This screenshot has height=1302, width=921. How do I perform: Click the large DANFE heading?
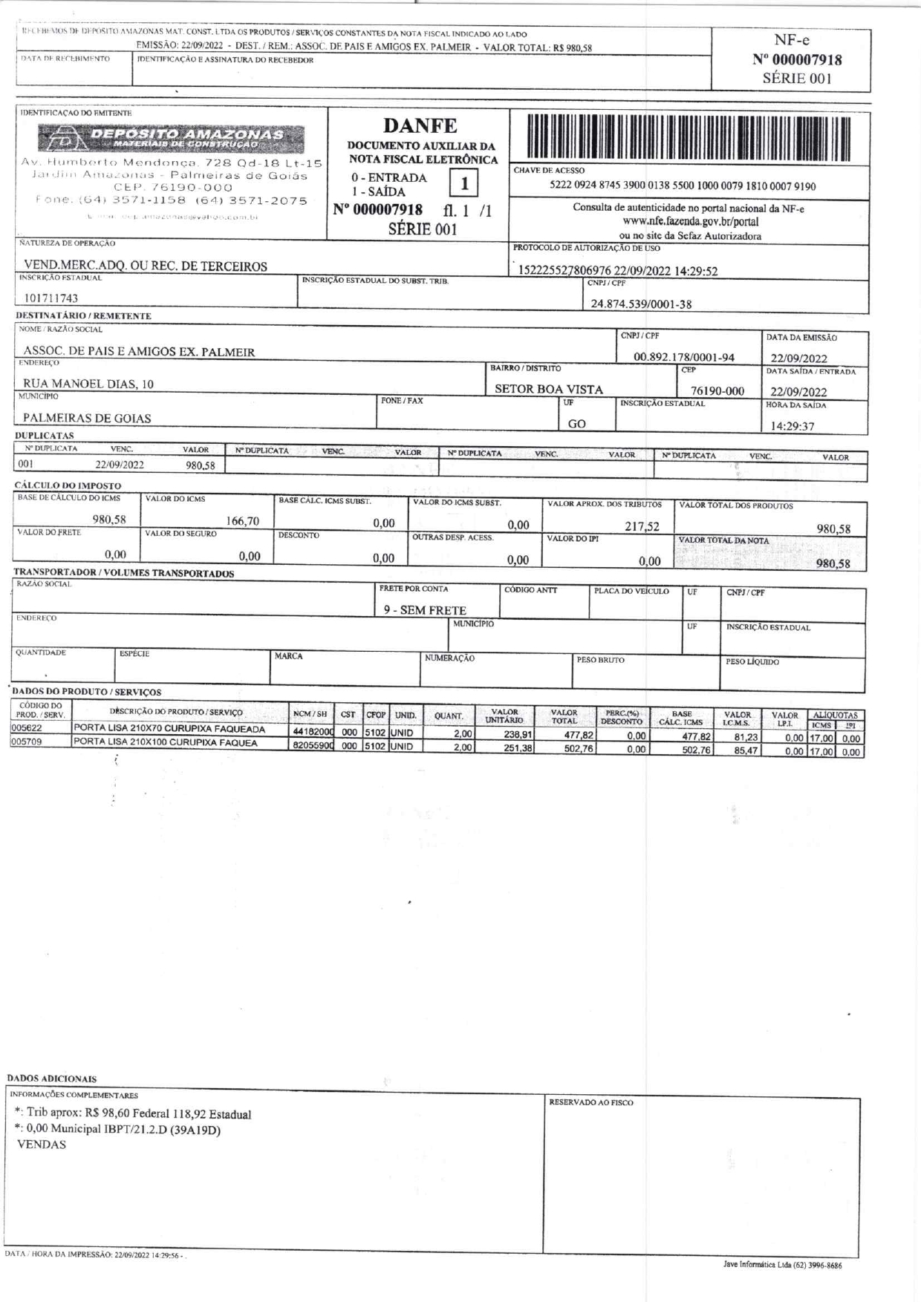[420, 126]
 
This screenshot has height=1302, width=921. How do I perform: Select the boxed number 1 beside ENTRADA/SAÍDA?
[464, 183]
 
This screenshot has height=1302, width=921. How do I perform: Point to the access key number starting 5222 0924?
[682, 186]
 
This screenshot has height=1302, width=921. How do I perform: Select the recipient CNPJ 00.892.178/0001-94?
[683, 357]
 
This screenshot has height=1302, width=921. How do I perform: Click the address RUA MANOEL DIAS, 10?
[88, 384]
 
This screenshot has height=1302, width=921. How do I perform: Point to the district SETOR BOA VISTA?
[549, 389]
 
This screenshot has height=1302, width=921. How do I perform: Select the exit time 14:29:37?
[792, 426]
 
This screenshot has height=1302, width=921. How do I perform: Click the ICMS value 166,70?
[242, 521]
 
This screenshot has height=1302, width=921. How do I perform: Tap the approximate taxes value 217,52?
[642, 526]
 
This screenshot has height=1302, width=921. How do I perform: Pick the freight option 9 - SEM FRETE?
[425, 610]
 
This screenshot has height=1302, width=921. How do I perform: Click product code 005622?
[26, 728]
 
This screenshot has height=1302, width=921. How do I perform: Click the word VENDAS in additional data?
[41, 1144]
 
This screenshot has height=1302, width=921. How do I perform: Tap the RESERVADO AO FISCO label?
[590, 1102]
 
